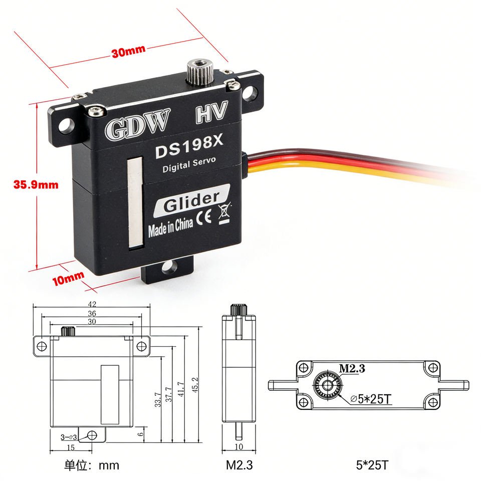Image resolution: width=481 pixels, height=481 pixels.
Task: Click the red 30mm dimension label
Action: click(129, 51)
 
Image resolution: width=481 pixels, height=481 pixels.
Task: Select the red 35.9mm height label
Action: click(36, 185)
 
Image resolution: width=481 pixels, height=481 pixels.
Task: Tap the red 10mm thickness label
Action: click(68, 278)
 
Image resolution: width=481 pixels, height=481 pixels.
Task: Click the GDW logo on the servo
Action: click(137, 124)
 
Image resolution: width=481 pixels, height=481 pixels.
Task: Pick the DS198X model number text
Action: click(189, 147)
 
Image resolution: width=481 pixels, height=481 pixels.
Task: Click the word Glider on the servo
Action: click(191, 202)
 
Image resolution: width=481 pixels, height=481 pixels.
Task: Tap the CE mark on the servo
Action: click(204, 217)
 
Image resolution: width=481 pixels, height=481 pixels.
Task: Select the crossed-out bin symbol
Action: click(224, 213)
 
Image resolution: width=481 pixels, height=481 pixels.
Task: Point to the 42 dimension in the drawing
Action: click(92, 304)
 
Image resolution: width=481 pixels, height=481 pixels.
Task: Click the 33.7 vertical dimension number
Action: click(158, 400)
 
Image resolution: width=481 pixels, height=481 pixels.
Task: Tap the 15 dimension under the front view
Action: click(71, 447)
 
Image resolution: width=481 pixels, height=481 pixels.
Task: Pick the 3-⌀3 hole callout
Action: click(69, 437)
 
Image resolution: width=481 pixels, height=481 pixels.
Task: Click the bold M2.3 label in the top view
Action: click(352, 368)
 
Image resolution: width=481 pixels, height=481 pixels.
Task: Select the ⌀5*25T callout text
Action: click(371, 399)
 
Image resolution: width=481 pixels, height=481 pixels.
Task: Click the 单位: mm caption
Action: click(91, 465)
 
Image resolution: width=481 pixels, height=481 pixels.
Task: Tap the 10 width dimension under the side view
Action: click(238, 446)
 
